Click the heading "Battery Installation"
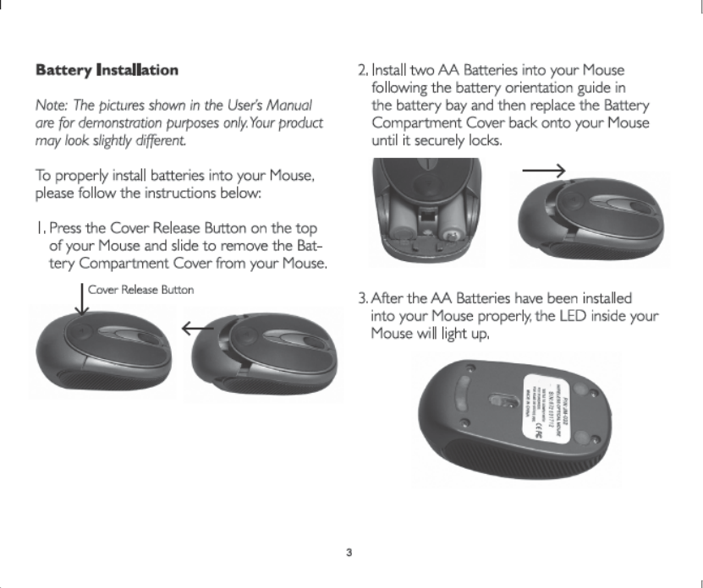106,68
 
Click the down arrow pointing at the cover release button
80,302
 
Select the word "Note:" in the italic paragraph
50,106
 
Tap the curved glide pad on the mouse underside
454,389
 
